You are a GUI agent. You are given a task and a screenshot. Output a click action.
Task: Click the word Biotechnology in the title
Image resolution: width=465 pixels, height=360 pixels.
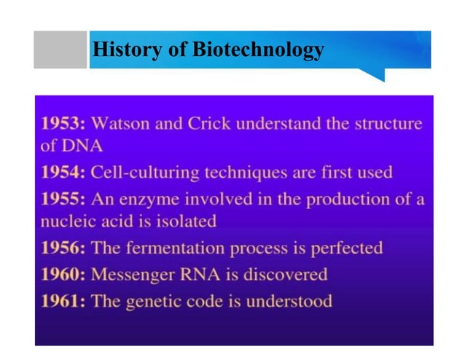click(258, 50)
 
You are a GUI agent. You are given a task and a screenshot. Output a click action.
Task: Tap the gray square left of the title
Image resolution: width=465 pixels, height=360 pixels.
click(60, 50)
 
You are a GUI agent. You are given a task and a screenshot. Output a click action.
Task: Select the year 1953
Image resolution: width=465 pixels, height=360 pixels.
click(62, 123)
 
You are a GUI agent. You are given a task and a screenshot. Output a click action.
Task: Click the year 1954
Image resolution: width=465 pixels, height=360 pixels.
click(62, 173)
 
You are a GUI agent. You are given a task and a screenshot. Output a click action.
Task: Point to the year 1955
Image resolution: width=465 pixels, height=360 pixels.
click(62, 198)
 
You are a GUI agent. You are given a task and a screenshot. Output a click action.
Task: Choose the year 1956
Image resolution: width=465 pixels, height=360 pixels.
click(62, 248)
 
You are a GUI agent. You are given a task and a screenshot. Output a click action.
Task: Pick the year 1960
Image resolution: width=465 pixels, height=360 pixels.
click(62, 274)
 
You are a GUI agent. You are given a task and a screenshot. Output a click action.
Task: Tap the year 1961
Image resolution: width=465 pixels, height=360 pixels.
click(62, 300)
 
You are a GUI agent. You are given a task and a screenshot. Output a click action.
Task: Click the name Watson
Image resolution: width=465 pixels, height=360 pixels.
click(122, 123)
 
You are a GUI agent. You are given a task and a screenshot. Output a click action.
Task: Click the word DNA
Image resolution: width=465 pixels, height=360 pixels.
click(81, 145)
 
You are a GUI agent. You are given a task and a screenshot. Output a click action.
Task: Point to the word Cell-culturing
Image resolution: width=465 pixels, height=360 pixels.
click(143, 173)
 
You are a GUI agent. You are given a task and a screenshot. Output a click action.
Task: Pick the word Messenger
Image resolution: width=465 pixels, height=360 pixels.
click(134, 274)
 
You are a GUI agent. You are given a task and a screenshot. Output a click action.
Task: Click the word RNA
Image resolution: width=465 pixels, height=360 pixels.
click(204, 274)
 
